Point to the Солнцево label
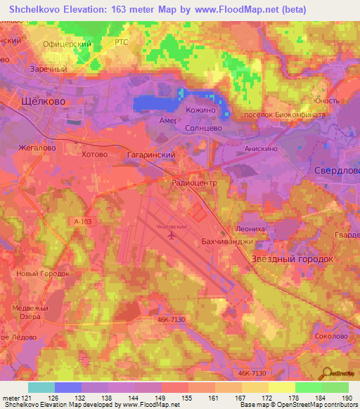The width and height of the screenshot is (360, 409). click(x=202, y=129)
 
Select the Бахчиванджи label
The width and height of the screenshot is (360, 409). click(x=226, y=242)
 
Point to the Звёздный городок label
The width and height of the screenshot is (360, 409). click(x=292, y=259)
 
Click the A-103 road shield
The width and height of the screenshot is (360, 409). click(x=82, y=221)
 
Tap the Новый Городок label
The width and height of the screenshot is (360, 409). click(x=43, y=273)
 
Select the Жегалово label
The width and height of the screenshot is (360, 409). click(x=38, y=148)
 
